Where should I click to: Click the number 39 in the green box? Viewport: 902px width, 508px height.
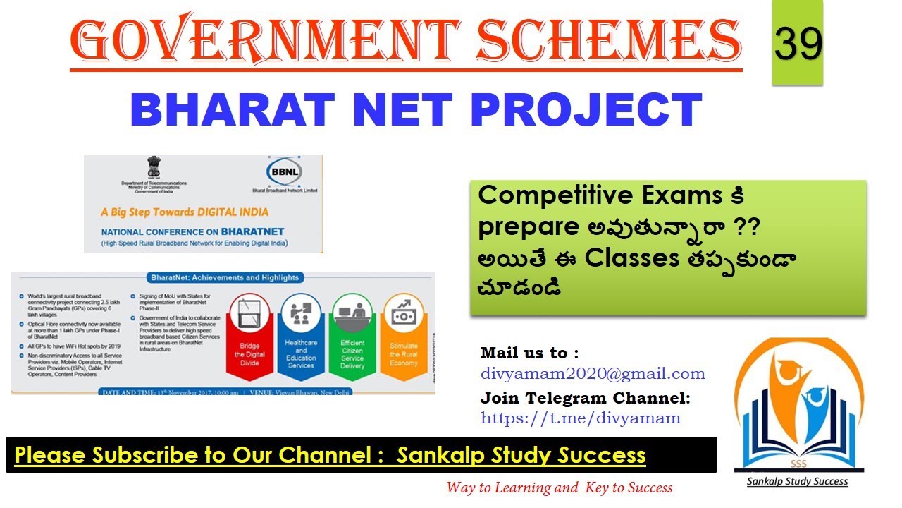798,44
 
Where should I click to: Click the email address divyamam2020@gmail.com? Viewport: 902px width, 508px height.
593,374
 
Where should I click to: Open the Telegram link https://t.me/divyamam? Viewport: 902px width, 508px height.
581,418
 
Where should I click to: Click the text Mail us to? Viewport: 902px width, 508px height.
529,353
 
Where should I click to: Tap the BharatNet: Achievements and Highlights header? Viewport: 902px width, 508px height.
223,277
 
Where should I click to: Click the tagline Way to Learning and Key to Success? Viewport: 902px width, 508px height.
559,488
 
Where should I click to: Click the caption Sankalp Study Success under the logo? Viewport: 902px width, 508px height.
798,482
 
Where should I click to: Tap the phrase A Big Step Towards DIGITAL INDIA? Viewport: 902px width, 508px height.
185,211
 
